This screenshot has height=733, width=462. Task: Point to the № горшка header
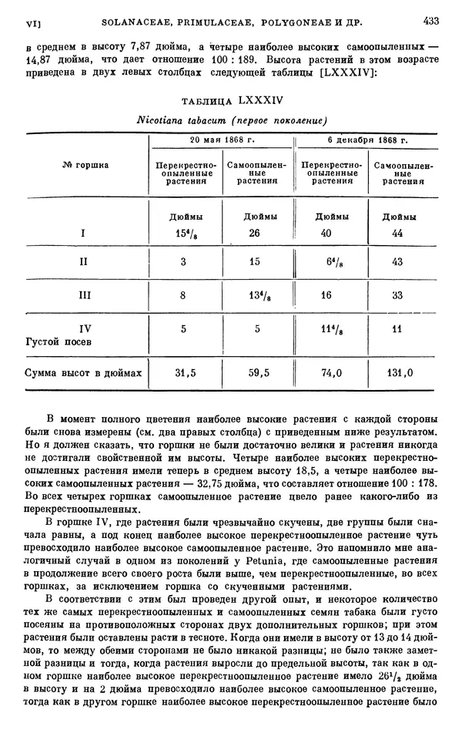[x=85, y=164]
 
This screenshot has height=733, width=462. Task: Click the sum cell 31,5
[x=183, y=373]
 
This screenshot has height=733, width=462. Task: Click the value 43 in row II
[x=398, y=262]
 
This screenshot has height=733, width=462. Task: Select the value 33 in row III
[x=398, y=294]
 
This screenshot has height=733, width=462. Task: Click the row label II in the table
[x=85, y=262]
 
